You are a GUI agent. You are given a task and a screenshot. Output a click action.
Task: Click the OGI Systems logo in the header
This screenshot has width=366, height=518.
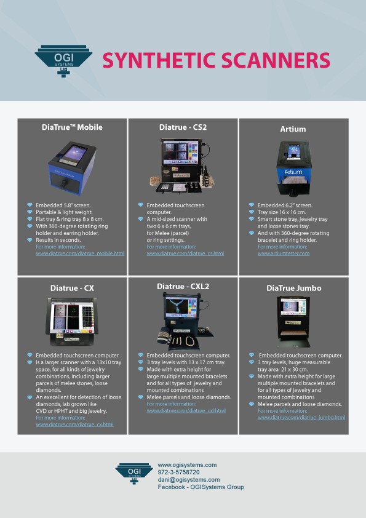click(63, 61)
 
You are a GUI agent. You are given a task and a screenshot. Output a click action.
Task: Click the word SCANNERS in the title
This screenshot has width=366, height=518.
click(276, 60)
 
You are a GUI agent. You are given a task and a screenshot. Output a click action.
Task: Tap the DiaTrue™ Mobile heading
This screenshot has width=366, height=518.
click(72, 127)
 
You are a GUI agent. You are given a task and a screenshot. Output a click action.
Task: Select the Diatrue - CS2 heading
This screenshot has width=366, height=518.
click(183, 127)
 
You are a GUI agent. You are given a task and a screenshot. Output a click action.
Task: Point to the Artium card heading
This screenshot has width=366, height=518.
click(293, 129)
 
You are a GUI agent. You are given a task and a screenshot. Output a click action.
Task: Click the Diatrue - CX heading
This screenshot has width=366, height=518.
click(72, 288)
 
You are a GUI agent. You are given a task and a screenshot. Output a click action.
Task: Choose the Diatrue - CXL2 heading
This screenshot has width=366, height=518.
click(183, 287)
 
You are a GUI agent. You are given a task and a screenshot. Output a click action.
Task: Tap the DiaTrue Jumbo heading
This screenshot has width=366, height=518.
click(293, 288)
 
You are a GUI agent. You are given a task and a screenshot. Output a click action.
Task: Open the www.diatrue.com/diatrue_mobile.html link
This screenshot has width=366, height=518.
click(80, 253)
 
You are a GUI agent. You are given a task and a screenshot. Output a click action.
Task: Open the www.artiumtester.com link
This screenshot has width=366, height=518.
click(284, 253)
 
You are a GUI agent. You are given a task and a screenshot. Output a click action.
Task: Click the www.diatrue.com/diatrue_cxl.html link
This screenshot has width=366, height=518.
click(186, 410)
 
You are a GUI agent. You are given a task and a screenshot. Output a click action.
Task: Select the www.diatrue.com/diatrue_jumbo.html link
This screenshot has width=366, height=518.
click(301, 418)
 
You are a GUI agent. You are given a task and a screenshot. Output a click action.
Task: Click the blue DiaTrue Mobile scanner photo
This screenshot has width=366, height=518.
click(72, 168)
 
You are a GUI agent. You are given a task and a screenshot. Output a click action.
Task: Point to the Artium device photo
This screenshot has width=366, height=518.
click(293, 169)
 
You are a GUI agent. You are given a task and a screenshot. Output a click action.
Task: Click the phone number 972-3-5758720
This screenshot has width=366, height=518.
click(179, 472)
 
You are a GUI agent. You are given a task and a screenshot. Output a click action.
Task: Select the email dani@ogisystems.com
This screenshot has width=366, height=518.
click(189, 480)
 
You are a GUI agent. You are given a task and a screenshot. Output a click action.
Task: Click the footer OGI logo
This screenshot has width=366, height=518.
click(134, 473)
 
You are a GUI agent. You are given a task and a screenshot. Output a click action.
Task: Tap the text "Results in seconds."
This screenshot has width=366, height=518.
click(58, 240)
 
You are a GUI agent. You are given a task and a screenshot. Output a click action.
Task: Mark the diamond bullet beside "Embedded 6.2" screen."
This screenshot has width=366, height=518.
click(252, 205)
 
